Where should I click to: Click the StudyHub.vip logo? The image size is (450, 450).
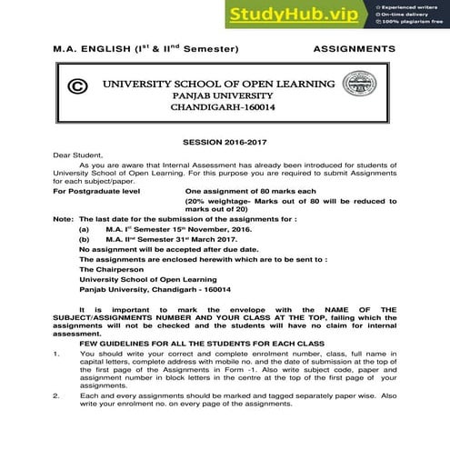pyautogui.click(x=292, y=16)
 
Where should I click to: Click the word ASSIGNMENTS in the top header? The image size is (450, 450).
pyautogui.click(x=355, y=46)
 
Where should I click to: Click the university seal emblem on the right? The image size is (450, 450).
pyautogui.click(x=378, y=87)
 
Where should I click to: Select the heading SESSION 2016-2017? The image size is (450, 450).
pyautogui.click(x=225, y=143)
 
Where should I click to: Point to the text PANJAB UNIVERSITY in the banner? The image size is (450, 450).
pyautogui.click(x=226, y=93)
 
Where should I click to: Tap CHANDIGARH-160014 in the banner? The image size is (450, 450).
pyautogui.click(x=226, y=106)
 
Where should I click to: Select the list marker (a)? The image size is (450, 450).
pyautogui.click(x=85, y=231)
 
